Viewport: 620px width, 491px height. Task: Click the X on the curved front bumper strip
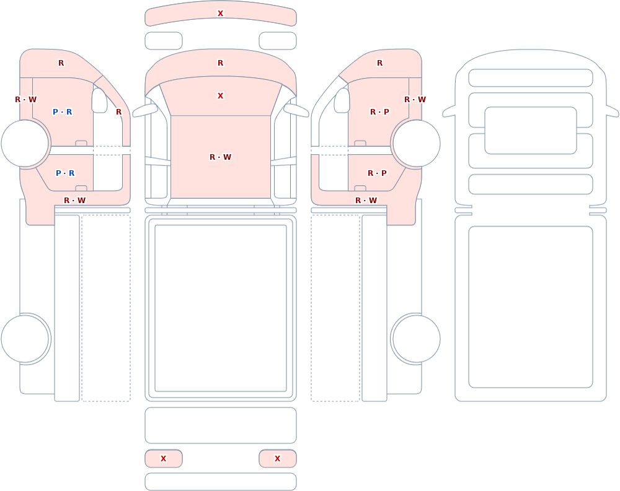220,14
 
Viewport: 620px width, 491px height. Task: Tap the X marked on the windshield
220,96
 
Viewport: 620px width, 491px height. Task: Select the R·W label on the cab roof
220,157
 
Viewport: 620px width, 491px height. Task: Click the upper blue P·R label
63,112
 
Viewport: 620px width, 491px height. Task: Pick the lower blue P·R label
65,173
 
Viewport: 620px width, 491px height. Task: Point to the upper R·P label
379,112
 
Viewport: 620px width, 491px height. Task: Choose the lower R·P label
377,173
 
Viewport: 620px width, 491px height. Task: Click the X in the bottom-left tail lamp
163,459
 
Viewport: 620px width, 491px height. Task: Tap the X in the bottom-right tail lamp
277,459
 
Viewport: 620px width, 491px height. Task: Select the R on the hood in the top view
220,63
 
